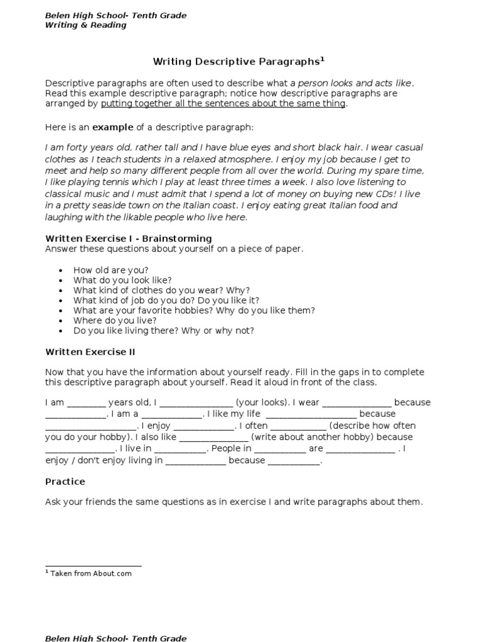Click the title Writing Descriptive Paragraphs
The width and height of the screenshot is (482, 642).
[x=237, y=61]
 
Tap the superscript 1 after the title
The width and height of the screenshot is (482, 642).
[x=323, y=59]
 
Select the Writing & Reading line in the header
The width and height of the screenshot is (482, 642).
[x=85, y=25]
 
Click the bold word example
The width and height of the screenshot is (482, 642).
[x=113, y=127]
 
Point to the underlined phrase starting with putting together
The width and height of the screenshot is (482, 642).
[x=223, y=103]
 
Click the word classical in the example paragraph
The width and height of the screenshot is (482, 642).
[x=67, y=194]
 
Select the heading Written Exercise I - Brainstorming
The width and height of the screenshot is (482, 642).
[x=128, y=238]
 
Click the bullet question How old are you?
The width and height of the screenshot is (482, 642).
[x=110, y=270]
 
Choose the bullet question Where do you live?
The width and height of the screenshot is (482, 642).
[x=115, y=320]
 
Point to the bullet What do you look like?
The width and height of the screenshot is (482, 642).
[x=122, y=280]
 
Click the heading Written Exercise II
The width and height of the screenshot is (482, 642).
[x=90, y=352]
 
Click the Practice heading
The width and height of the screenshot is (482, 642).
[x=65, y=481]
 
